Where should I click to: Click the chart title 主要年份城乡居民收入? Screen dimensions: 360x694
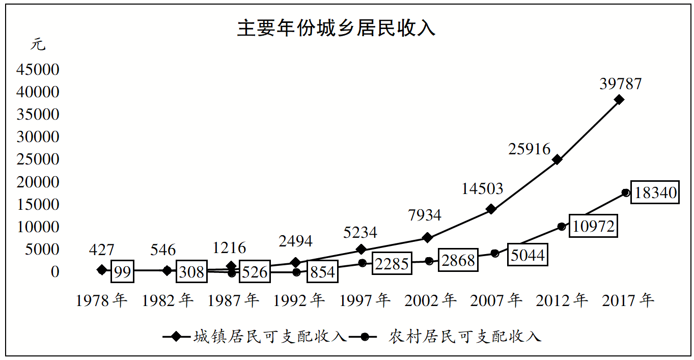point(336,29)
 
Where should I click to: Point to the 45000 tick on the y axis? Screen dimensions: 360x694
point(38,70)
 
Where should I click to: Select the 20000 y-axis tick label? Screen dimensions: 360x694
point(38,182)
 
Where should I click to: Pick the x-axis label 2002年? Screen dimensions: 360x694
point(430,300)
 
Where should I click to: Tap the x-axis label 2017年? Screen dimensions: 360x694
point(628,300)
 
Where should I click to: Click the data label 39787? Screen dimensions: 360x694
point(620,84)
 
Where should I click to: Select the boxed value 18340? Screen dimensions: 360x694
point(655,192)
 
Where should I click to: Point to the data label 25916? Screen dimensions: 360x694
point(530,149)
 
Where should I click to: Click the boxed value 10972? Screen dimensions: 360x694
point(593,226)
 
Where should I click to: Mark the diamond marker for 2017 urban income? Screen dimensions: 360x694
point(619,100)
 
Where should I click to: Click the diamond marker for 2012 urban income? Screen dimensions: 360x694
point(557,159)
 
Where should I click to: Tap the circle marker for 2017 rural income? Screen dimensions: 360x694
point(625,192)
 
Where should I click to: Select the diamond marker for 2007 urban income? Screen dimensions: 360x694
point(491,209)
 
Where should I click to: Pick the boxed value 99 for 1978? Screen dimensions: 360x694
point(122,272)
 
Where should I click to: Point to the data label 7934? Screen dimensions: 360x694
point(425,215)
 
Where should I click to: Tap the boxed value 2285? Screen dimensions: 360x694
point(391,264)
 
